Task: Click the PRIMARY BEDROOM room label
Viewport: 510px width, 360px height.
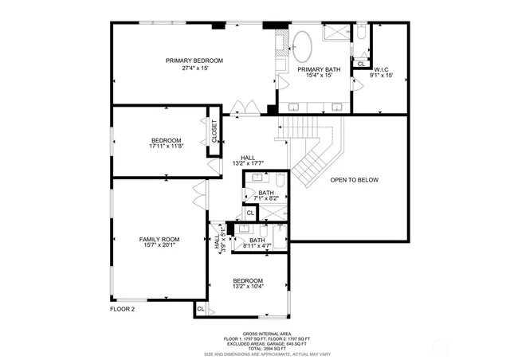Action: (x=194, y=61)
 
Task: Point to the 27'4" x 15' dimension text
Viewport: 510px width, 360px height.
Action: (x=194, y=68)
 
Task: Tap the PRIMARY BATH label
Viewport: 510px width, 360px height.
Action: (x=319, y=69)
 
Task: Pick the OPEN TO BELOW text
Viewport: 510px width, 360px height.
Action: (x=354, y=180)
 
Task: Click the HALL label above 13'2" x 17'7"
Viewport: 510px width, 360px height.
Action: (x=248, y=157)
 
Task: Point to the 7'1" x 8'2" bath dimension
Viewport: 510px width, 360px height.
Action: (x=265, y=198)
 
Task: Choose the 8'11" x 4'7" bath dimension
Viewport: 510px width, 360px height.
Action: (x=257, y=247)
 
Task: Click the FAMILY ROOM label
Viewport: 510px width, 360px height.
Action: (x=159, y=239)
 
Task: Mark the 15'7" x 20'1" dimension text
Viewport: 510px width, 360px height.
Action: (x=159, y=246)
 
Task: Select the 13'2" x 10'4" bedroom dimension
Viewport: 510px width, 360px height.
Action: (x=248, y=288)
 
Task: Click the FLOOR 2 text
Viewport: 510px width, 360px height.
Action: (x=122, y=308)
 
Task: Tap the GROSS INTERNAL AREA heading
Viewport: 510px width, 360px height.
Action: (x=267, y=334)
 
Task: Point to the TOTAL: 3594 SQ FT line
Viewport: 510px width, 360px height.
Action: (x=267, y=348)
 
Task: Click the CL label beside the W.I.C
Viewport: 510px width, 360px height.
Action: (x=361, y=64)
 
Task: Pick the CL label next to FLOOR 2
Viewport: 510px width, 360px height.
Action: (x=200, y=308)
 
